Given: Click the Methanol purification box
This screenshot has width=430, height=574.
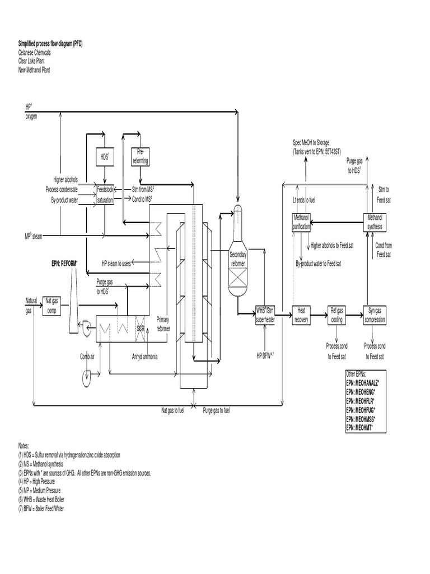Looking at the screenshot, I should (301, 223).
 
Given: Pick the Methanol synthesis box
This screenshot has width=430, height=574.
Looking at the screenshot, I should (375, 223).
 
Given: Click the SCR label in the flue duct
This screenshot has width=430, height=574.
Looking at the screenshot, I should (141, 327).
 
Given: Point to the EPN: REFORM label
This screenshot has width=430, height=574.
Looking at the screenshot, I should (62, 262).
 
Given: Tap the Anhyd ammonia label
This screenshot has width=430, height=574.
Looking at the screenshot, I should (145, 355).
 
